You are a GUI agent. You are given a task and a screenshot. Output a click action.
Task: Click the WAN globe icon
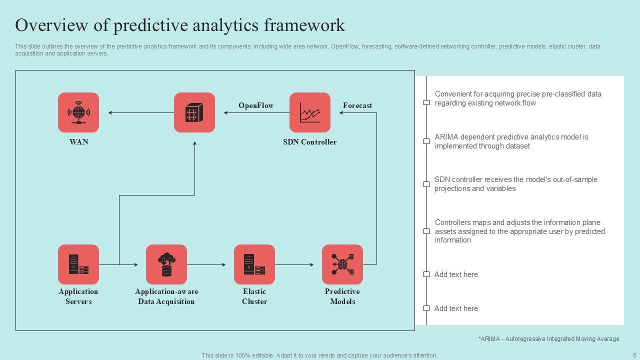(78, 112)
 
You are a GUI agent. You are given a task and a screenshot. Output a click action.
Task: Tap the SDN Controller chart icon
(310, 112)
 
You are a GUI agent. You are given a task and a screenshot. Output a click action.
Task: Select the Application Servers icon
(78, 264)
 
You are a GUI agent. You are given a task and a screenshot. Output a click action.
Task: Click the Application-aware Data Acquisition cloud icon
(166, 264)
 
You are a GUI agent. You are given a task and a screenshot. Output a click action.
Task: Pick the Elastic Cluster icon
(254, 264)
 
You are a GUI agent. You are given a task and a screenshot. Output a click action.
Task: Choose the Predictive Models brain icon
(342, 264)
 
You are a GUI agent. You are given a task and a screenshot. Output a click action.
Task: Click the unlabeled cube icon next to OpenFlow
(194, 112)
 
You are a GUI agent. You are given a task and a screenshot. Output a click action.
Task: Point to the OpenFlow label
(256, 105)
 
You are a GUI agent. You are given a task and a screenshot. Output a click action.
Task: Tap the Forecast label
(357, 105)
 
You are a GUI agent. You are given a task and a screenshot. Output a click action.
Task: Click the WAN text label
(78, 142)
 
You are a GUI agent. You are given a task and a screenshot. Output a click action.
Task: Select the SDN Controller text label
(310, 142)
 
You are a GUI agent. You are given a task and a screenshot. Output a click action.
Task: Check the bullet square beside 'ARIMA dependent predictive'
(426, 141)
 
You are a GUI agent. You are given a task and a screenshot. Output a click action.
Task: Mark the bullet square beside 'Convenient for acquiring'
(426, 102)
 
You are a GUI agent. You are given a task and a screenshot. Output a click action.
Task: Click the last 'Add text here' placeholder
(456, 308)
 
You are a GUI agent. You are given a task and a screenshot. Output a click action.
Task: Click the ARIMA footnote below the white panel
(548, 339)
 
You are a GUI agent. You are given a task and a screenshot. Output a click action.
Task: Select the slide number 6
(634, 355)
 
